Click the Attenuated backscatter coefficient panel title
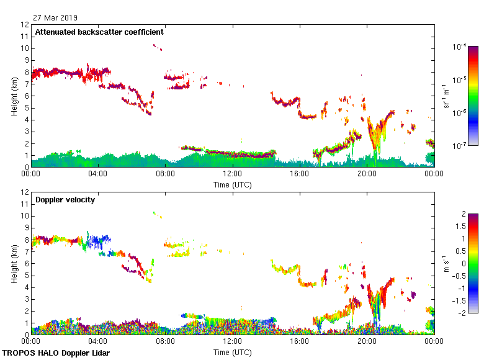click(x=99, y=32)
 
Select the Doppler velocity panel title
click(x=65, y=200)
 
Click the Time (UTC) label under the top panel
click(x=232, y=184)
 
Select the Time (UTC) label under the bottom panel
click(x=232, y=352)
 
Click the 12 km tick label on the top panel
click(x=25, y=25)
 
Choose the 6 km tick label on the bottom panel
click(x=26, y=264)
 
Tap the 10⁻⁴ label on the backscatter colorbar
click(x=460, y=47)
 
